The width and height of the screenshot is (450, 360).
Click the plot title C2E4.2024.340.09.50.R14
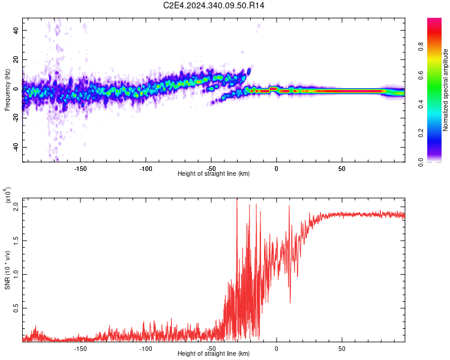pyautogui.click(x=214, y=5)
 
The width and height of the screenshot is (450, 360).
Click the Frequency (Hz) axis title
pyautogui.click(x=7, y=91)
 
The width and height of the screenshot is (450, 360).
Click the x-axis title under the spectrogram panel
pyautogui.click(x=214, y=174)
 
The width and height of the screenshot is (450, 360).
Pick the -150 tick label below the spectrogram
pyautogui.click(x=80, y=168)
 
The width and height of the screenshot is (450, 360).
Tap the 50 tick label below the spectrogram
pyautogui.click(x=341, y=168)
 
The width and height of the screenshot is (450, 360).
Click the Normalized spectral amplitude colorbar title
pyautogui.click(x=446, y=90)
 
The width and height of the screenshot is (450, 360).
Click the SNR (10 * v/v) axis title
pyautogui.click(x=7, y=270)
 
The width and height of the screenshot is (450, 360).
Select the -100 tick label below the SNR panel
pyautogui.click(x=145, y=348)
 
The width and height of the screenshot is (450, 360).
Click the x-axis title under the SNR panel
pyautogui.click(x=214, y=354)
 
